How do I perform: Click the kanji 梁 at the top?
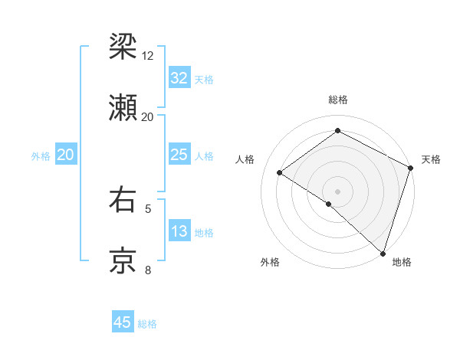click(x=123, y=47)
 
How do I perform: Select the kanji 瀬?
click(x=123, y=108)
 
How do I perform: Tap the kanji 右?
click(x=123, y=201)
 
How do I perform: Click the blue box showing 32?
click(x=179, y=78)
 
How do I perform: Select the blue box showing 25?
click(x=179, y=155)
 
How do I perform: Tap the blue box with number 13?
click(x=179, y=231)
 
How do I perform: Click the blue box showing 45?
click(x=123, y=322)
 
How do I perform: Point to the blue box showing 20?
click(x=65, y=155)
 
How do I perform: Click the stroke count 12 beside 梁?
click(x=148, y=56)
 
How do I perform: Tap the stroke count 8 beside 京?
click(x=148, y=270)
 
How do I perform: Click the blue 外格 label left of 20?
click(x=41, y=155)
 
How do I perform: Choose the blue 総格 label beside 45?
click(x=147, y=323)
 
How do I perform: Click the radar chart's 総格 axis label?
click(x=337, y=100)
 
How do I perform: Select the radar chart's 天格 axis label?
click(x=431, y=159)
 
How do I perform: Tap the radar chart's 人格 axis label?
click(x=245, y=159)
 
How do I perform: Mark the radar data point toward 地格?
click(x=383, y=253)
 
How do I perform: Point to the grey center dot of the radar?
click(x=337, y=191)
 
